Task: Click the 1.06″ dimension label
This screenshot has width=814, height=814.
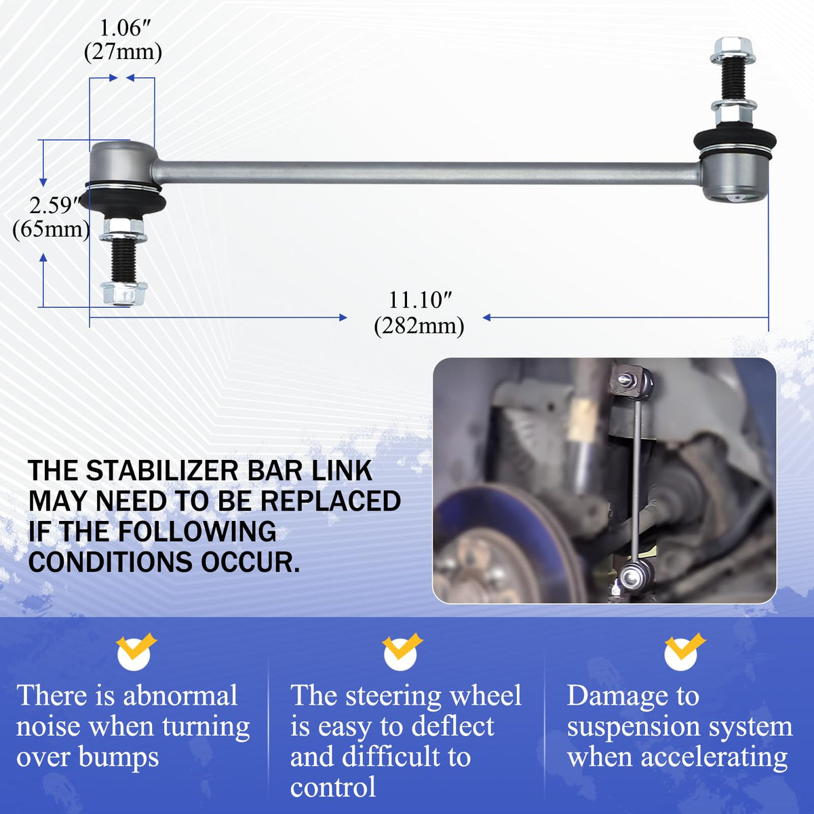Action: point(123,29)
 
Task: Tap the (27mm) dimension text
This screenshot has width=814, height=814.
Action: point(123,53)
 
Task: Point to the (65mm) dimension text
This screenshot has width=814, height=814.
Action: point(51,230)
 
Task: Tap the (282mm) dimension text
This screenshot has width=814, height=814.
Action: point(419,326)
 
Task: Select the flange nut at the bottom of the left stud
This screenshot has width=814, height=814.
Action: point(123,293)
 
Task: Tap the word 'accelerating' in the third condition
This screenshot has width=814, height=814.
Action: point(714,758)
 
